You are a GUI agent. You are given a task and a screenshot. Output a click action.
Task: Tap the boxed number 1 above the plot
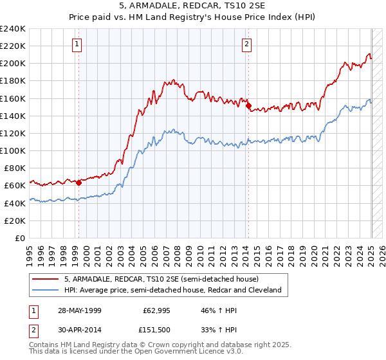(77, 44)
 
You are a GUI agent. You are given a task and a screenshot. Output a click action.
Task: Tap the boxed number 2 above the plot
(246, 44)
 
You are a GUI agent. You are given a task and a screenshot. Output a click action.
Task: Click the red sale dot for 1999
(79, 183)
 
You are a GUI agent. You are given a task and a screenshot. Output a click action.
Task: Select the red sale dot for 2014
(249, 107)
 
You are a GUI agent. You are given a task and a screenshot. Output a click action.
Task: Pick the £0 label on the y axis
(19, 238)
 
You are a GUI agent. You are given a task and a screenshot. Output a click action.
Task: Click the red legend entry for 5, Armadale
(161, 279)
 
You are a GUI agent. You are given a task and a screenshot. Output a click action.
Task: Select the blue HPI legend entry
(172, 290)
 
